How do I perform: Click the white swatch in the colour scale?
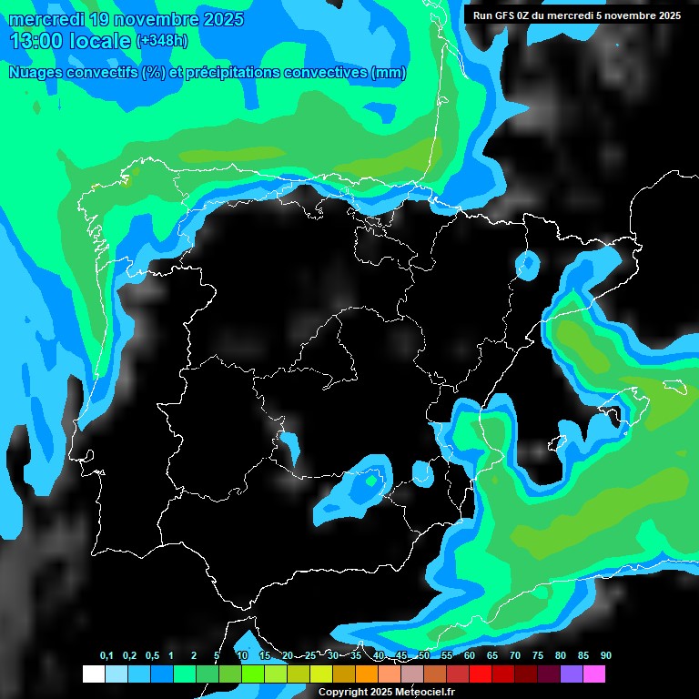coord(93,674)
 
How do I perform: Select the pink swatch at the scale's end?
coord(594,674)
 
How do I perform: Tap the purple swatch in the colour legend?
coord(572,674)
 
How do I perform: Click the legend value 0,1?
coord(106,656)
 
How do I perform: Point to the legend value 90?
coord(606,656)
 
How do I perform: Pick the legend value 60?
coord(470,656)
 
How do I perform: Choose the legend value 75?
coord(538,656)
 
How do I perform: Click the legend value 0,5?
coord(152,656)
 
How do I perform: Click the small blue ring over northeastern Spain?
coord(527,266)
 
